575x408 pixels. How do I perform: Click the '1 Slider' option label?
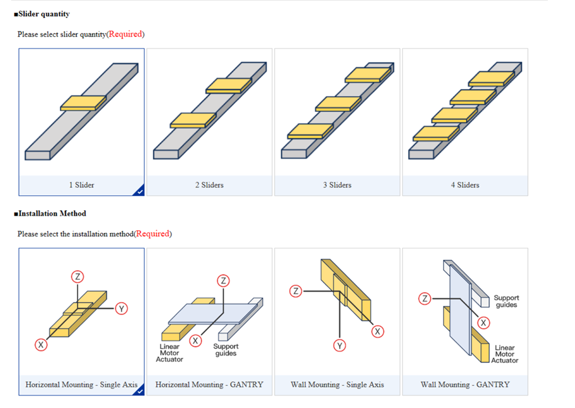click(81, 185)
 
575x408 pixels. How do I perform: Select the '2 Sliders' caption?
click(209, 185)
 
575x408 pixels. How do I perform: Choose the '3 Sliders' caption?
click(337, 185)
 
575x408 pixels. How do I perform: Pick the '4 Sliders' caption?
click(465, 185)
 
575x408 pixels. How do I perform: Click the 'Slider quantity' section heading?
click(44, 14)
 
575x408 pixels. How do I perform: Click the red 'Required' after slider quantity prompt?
click(125, 34)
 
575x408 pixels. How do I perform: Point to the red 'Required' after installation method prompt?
click(153, 234)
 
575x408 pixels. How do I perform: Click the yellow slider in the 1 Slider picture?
click(83, 103)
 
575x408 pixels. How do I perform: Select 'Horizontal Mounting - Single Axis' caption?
click(81, 384)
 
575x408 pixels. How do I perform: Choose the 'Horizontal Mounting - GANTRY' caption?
click(209, 384)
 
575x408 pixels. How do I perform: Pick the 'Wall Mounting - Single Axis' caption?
click(337, 384)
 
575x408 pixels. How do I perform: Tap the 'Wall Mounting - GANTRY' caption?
click(465, 384)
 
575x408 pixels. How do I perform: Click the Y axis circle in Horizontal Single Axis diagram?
click(121, 309)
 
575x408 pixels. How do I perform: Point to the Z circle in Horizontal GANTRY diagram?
click(224, 281)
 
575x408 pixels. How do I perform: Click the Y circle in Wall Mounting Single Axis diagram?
click(340, 346)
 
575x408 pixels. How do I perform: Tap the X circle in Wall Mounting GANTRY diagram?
click(483, 323)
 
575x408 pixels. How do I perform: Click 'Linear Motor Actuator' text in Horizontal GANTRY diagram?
click(169, 353)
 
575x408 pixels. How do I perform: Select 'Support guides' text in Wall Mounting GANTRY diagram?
click(506, 301)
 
